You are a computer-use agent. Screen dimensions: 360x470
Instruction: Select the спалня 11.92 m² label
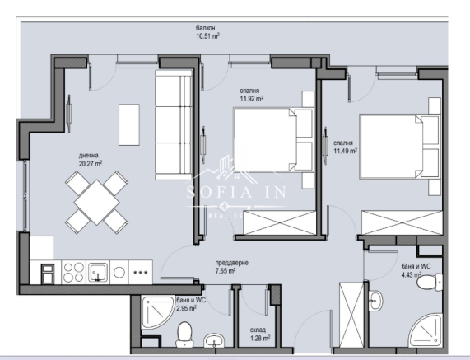pyautogui.click(x=251, y=95)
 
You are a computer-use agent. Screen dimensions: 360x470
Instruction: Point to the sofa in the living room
pyautogui.click(x=173, y=128)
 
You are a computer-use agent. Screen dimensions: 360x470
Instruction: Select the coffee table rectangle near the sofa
pyautogui.click(x=129, y=124)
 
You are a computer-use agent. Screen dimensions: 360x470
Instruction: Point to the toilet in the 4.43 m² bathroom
pyautogui.click(x=427, y=284)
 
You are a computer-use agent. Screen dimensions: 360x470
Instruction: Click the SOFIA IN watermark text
pyautogui.click(x=235, y=198)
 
